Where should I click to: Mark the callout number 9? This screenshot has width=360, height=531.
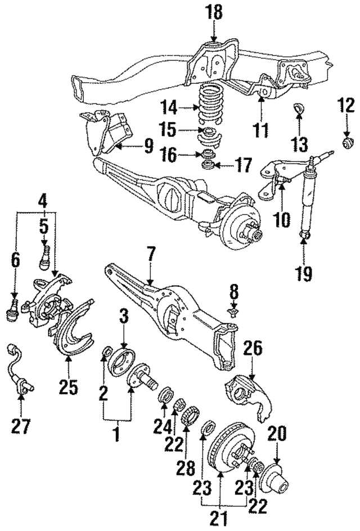[x=148, y=147]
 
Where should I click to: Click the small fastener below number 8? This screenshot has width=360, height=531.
[x=231, y=309]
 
